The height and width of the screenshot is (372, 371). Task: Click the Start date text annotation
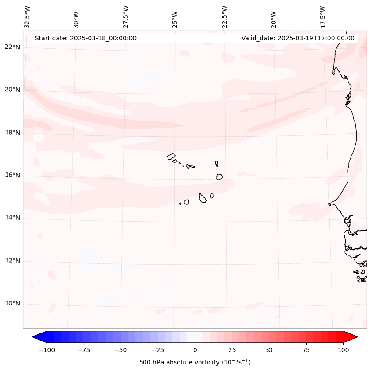86,38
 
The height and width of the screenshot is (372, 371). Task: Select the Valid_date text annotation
298,38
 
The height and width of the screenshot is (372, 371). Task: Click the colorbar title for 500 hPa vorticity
195,363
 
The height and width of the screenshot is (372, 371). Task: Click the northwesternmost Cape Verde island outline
171,156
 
